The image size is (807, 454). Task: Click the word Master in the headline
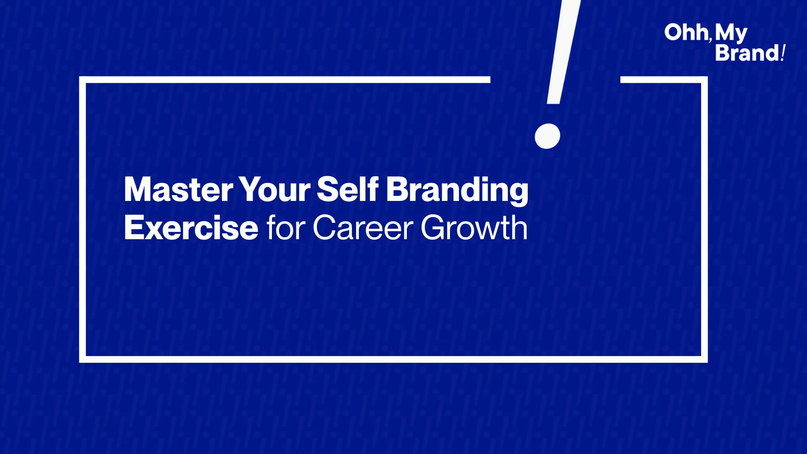pyautogui.click(x=179, y=190)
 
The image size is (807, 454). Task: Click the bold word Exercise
pyautogui.click(x=191, y=227)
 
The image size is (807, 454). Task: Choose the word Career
pyautogui.click(x=363, y=227)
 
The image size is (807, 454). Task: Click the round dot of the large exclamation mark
pyautogui.click(x=547, y=136)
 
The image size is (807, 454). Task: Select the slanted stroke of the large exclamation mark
pyautogui.click(x=563, y=52)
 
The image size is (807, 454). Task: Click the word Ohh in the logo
pyautogui.click(x=686, y=32)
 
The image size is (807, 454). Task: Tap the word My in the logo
pyautogui.click(x=731, y=34)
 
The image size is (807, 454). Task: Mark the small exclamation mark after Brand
pyautogui.click(x=783, y=53)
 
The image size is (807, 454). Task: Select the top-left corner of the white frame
pyautogui.click(x=82, y=79)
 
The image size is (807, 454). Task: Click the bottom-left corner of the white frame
pyautogui.click(x=82, y=359)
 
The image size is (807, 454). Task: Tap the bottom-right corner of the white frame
pyautogui.click(x=704, y=359)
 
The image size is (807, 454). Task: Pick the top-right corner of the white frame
pyautogui.click(x=704, y=79)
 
